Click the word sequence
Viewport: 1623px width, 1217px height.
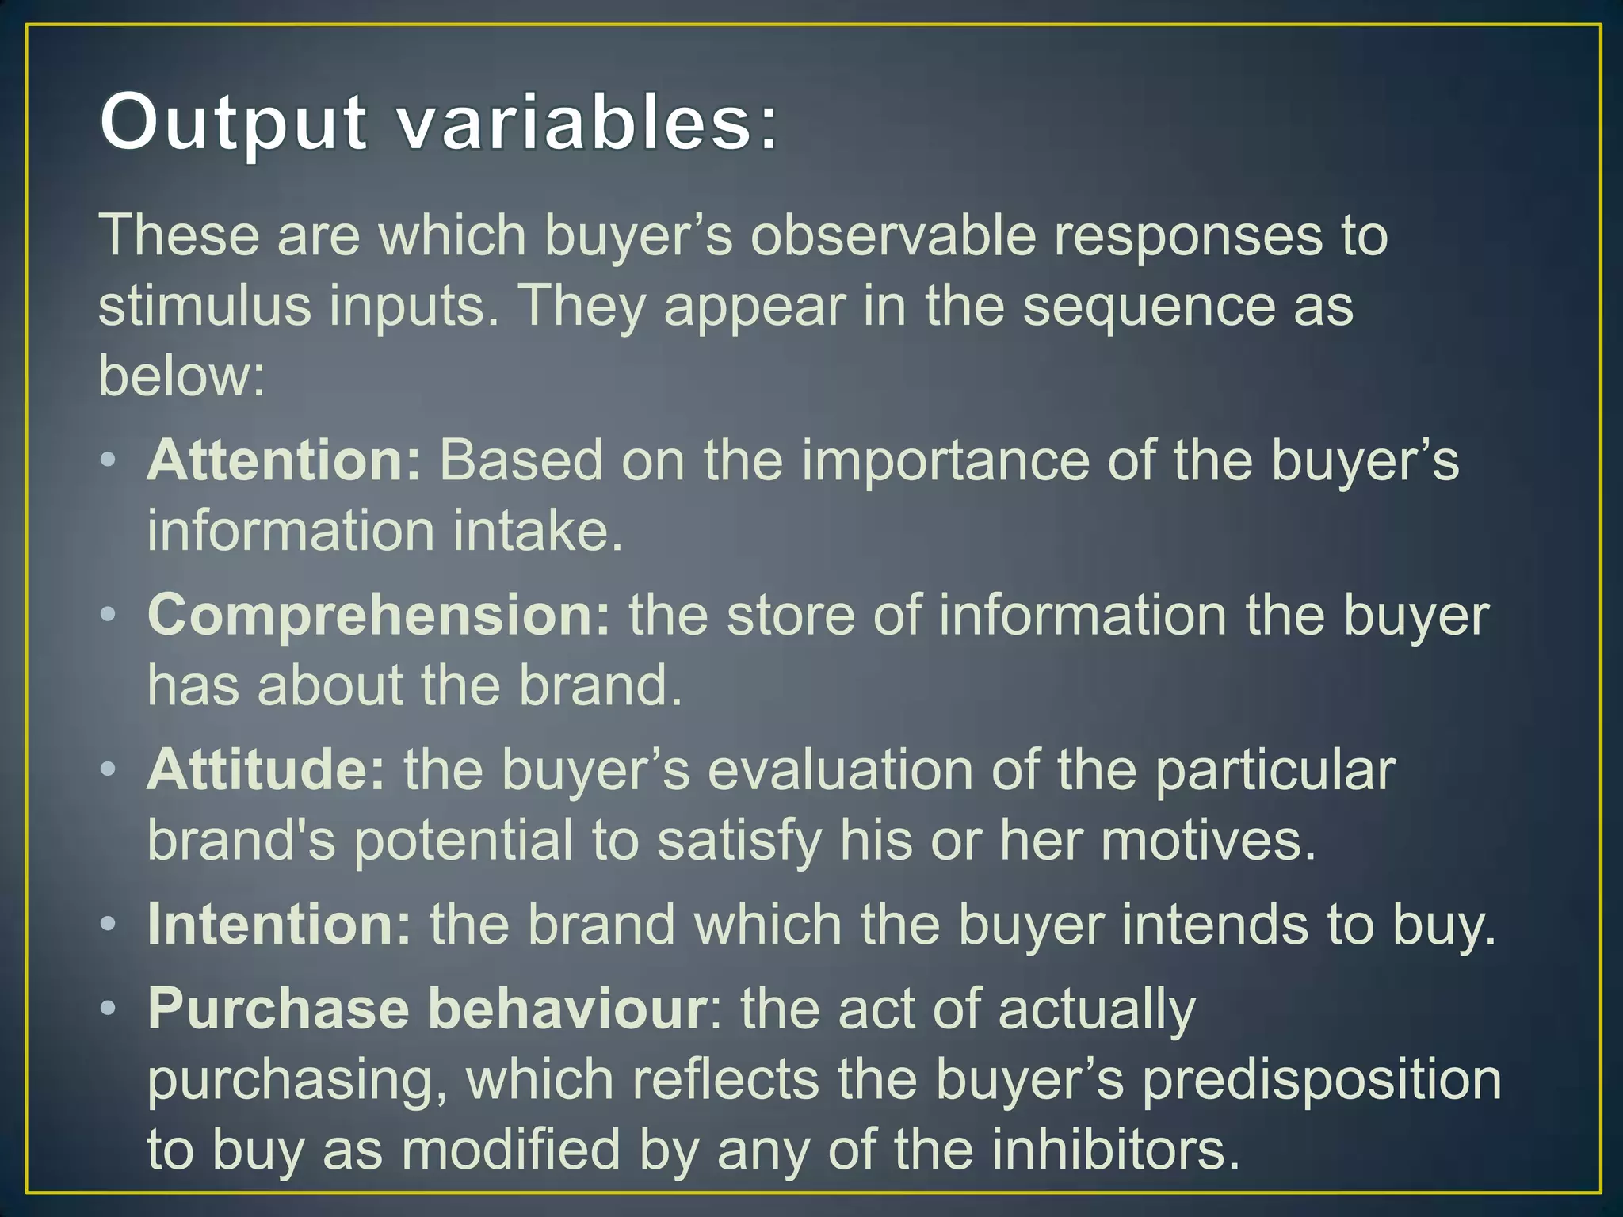click(x=1148, y=307)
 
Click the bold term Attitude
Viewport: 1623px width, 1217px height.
click(x=266, y=770)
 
